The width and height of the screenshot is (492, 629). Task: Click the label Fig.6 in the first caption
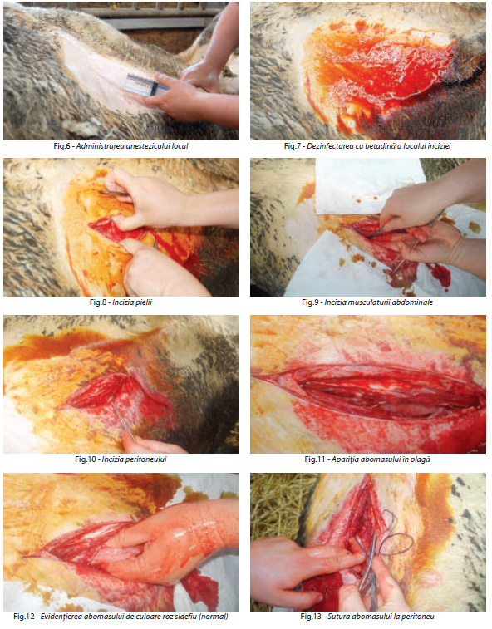point(61,146)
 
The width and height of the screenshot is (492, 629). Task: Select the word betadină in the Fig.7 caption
point(374,146)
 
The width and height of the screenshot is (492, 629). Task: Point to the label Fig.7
point(293,146)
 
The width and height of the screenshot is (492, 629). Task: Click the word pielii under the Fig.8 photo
point(143,302)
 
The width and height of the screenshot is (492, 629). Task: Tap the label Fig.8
point(98,302)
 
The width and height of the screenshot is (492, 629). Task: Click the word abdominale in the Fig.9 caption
point(413,302)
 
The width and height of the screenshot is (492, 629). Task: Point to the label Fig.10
point(86,459)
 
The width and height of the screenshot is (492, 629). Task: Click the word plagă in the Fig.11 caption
point(421,459)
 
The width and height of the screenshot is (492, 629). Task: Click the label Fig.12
point(24,617)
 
